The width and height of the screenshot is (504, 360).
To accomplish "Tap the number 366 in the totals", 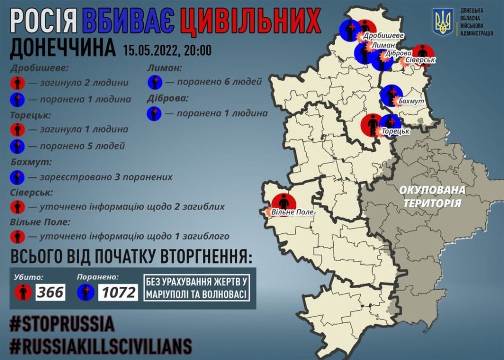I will pos(50,293).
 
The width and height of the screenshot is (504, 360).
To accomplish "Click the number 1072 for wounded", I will pos(118,293).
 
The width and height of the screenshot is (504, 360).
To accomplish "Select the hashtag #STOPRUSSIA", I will pos(62,324).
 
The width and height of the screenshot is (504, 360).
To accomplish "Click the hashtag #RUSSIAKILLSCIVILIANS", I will pos(100,346).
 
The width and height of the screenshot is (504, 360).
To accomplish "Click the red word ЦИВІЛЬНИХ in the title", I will pos(250,22).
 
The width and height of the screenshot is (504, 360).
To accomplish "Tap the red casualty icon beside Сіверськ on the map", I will pos(422,53).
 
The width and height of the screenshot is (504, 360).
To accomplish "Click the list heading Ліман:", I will pos(164,68).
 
